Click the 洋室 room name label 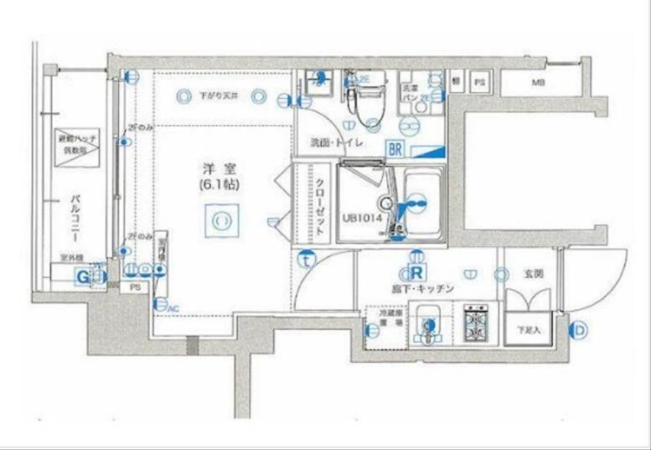(220, 168)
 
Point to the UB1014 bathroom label (362, 217)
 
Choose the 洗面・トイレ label (335, 142)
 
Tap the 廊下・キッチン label (422, 289)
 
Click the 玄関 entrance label (534, 273)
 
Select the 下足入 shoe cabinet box (528, 329)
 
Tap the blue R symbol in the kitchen (414, 273)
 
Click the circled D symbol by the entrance (579, 330)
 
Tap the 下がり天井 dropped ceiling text (219, 96)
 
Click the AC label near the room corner (174, 309)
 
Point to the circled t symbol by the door (307, 259)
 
